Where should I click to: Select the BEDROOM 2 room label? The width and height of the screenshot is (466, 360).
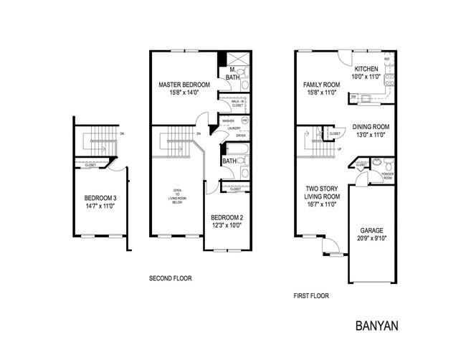click(228, 217)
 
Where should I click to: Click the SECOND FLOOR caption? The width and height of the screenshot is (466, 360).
click(170, 278)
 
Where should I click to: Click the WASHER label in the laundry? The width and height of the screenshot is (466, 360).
click(229, 120)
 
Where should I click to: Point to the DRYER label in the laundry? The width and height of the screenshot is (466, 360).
click(240, 135)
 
